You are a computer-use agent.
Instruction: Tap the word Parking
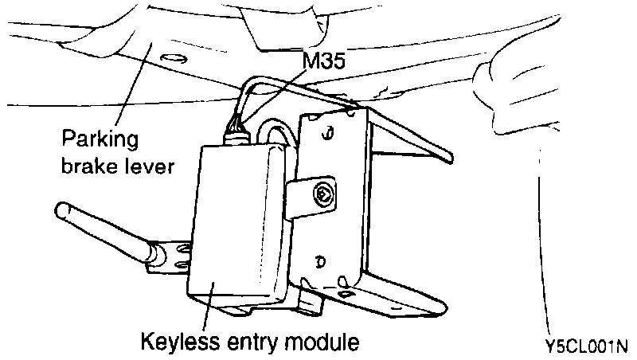100,141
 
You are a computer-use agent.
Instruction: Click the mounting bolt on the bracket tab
324,192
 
